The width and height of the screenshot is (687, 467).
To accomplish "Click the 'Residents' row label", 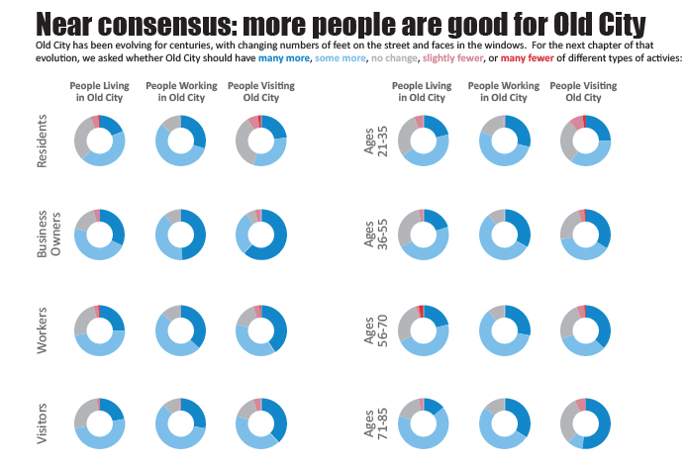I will pyautogui.click(x=42, y=141).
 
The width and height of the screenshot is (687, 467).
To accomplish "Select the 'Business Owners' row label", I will pyautogui.click(x=48, y=235).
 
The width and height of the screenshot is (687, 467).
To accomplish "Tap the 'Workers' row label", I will pyautogui.click(x=42, y=330).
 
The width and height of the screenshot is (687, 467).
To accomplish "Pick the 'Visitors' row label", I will pyautogui.click(x=42, y=423).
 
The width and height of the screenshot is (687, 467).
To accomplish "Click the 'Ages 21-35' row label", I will pyautogui.click(x=373, y=141).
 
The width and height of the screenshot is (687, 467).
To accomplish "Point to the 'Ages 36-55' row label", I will pyautogui.click(x=373, y=235).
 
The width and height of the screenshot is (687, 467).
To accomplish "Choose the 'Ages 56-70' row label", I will pyautogui.click(x=373, y=330).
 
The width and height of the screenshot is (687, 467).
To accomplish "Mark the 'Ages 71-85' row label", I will pyautogui.click(x=373, y=423).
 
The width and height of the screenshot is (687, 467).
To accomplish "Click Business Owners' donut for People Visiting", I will pyautogui.click(x=261, y=234).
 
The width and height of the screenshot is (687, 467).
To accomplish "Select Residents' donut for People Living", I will pyautogui.click(x=100, y=140).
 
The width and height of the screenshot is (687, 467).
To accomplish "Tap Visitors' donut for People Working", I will pyautogui.click(x=180, y=423).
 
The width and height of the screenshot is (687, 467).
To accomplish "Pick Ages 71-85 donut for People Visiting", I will pyautogui.click(x=585, y=423).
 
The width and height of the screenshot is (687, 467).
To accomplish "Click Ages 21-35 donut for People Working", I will pyautogui.click(x=504, y=140).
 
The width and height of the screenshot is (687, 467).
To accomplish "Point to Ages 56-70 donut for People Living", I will pyautogui.click(x=423, y=330).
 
